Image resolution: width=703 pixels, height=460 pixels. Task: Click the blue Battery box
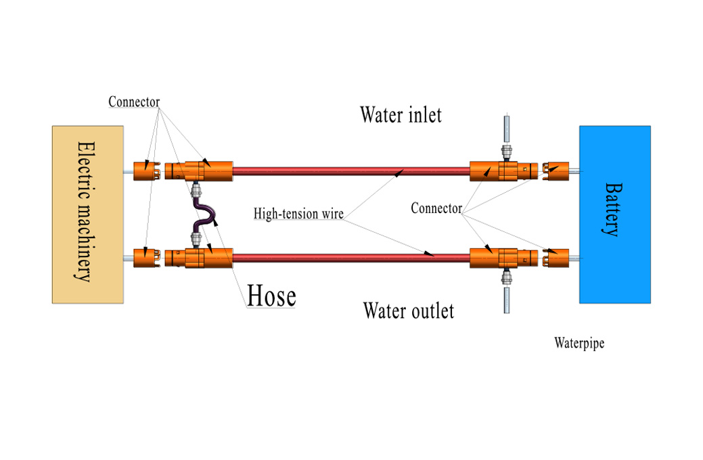tap(614, 214)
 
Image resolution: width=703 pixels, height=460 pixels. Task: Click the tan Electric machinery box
tap(88, 214)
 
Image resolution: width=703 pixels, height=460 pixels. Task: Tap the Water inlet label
tap(401, 114)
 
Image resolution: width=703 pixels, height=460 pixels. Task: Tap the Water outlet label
tap(408, 310)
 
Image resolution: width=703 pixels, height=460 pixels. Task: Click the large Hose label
tap(271, 296)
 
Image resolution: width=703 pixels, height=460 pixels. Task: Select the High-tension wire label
tap(298, 214)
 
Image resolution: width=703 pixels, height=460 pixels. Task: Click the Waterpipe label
tap(579, 343)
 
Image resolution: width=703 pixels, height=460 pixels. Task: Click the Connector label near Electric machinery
tap(134, 103)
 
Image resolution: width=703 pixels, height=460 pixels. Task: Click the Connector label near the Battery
tap(436, 208)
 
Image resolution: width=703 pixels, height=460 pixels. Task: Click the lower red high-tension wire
tap(352, 257)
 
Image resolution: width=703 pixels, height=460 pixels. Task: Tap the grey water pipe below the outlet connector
tap(505, 299)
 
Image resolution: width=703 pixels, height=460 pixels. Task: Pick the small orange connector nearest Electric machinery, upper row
tap(143, 171)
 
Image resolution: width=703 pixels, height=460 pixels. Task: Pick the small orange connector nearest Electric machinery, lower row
tap(143, 257)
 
